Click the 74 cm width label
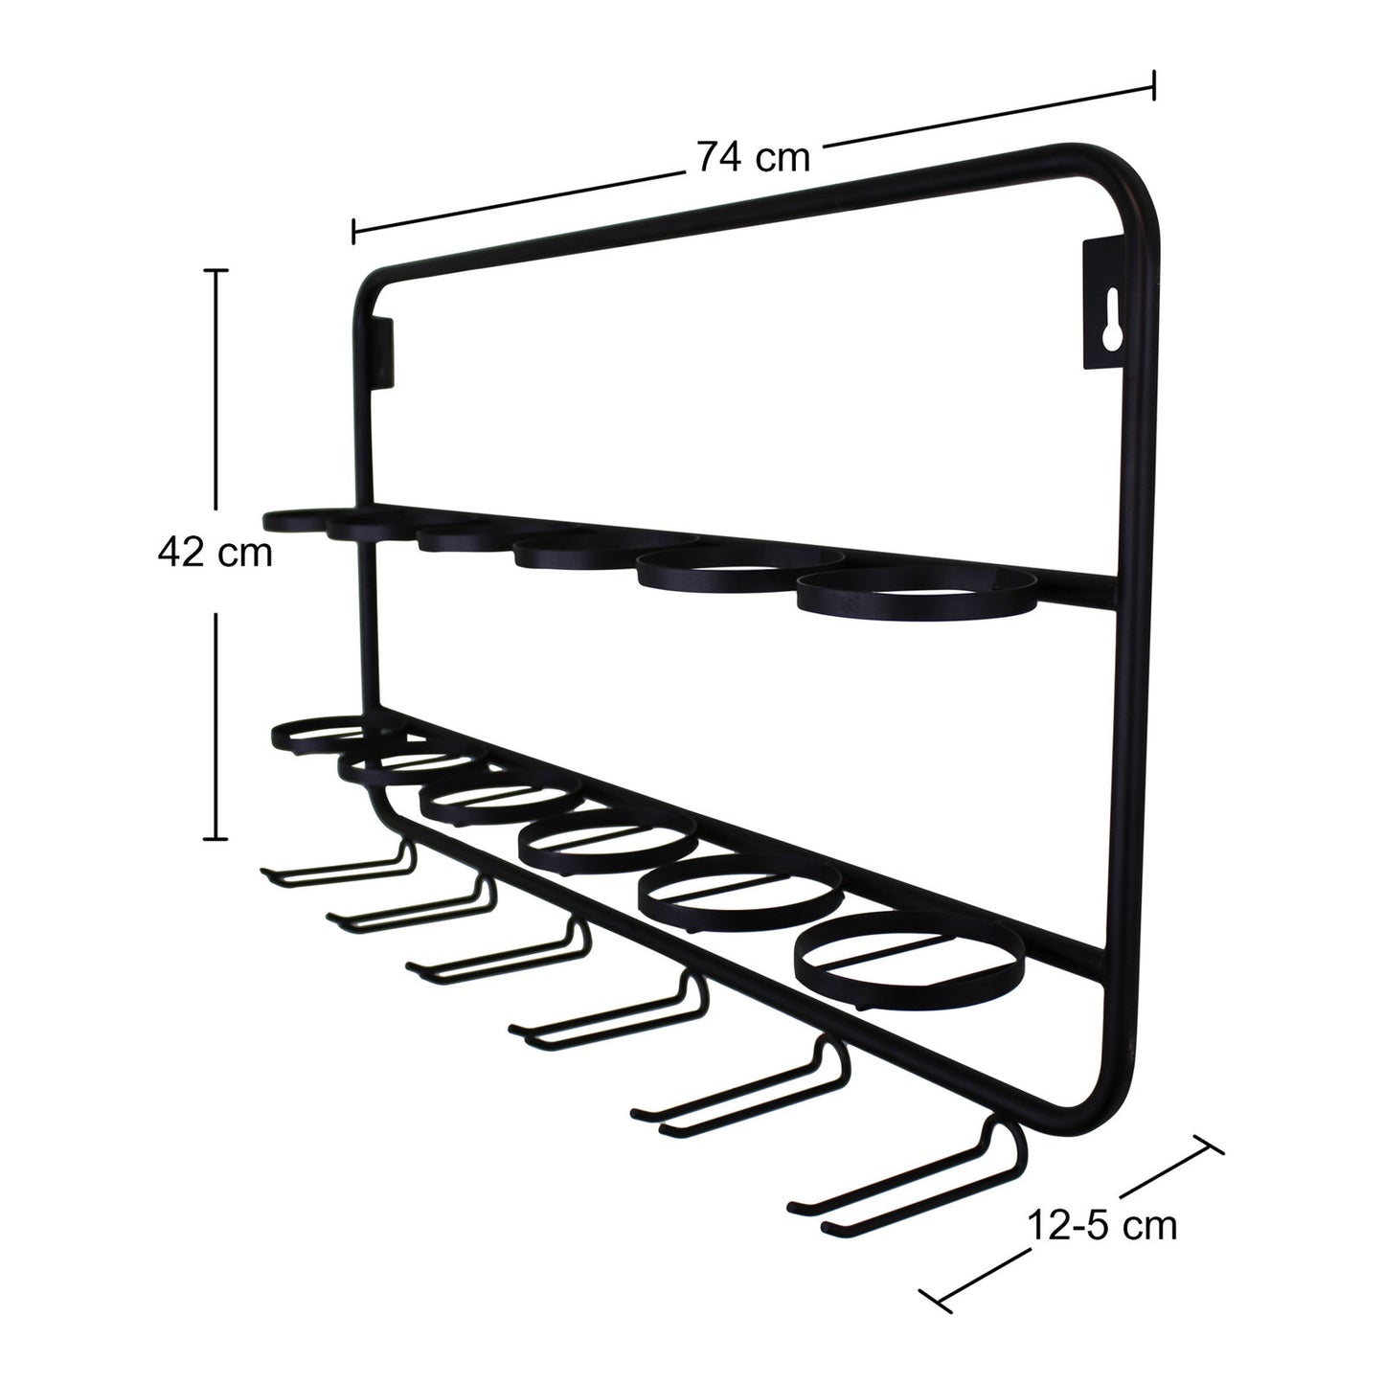click(753, 156)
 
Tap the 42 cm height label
click(215, 553)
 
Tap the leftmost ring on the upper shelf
click(297, 520)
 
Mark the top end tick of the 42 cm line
click(216, 272)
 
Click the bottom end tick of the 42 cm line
click(216, 838)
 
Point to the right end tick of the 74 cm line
click(1154, 84)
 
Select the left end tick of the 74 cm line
click(354, 231)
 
